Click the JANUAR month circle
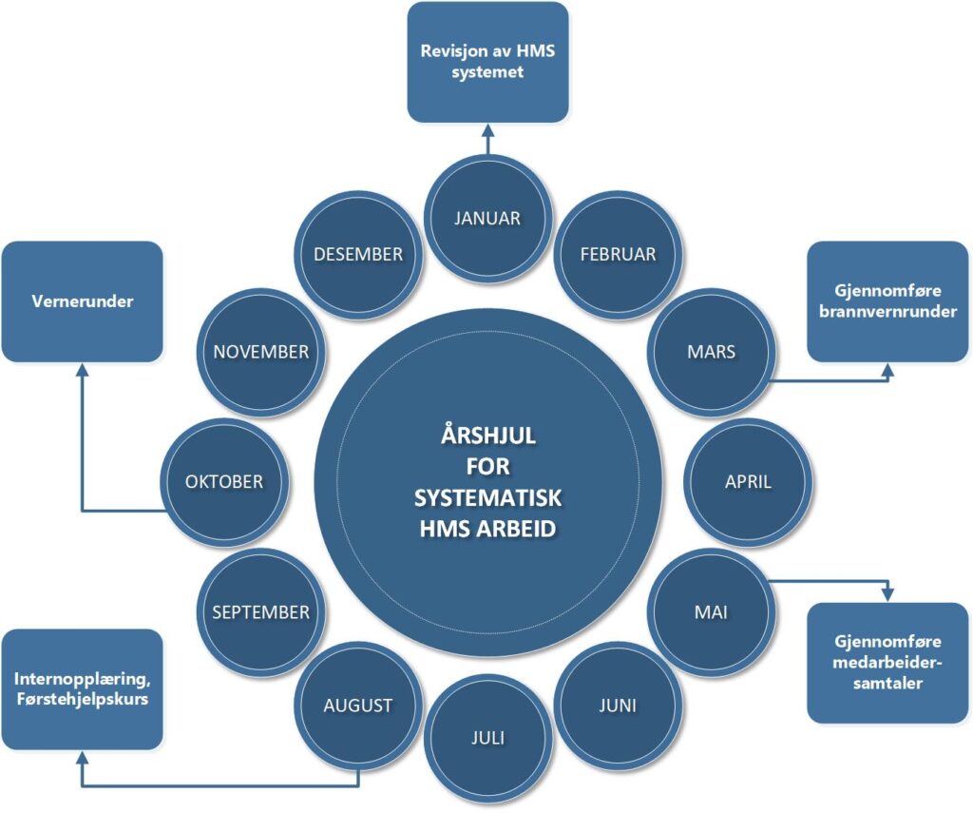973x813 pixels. (x=487, y=218)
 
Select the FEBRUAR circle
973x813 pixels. (x=618, y=254)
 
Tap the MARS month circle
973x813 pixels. (x=711, y=351)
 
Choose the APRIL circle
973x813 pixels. (x=748, y=481)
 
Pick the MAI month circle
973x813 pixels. (x=711, y=611)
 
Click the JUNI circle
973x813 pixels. (x=618, y=705)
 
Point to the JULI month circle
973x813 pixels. (x=487, y=737)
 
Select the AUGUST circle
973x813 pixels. (x=357, y=705)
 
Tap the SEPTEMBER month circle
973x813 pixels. (x=261, y=611)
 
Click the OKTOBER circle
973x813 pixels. (x=224, y=481)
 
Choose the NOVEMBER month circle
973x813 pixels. (x=261, y=351)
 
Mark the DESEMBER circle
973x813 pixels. (x=357, y=254)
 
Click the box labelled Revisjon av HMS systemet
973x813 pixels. (x=487, y=62)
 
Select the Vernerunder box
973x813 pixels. (x=82, y=301)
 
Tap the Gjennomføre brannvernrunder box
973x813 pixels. (x=889, y=301)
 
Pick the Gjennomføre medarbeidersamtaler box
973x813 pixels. (x=888, y=662)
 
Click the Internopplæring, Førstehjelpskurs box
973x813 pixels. (x=82, y=689)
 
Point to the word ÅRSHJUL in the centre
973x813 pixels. (x=488, y=436)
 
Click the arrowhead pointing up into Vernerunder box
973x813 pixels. (x=82, y=370)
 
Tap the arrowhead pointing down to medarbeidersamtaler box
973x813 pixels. (x=888, y=594)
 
